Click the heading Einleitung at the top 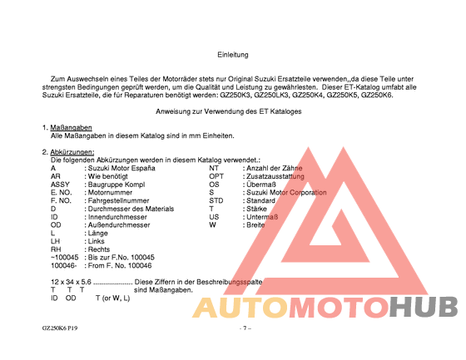(233, 55)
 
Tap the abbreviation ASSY (60, 185)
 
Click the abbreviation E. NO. (62, 192)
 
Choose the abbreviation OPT (216, 176)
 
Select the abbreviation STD (216, 200)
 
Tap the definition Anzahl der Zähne (270, 168)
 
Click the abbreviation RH (57, 249)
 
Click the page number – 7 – (245, 328)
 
